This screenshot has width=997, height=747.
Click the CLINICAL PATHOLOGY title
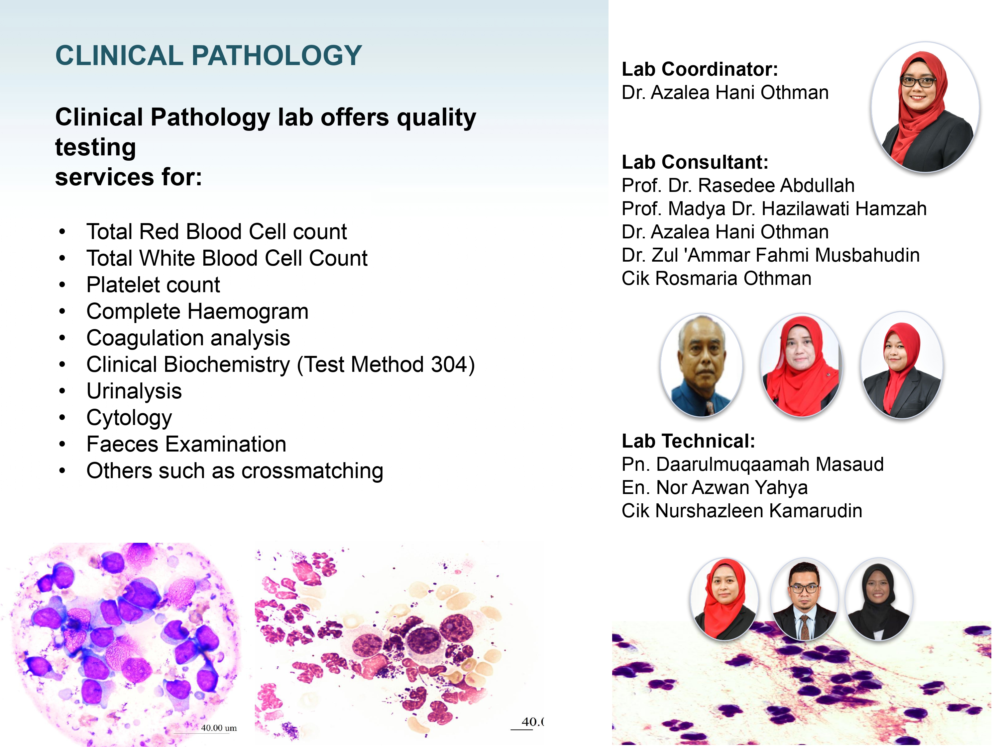click(x=208, y=55)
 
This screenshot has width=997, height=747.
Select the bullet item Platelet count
click(x=153, y=285)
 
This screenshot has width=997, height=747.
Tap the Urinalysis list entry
click(x=134, y=391)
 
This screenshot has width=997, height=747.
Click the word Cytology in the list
click(x=129, y=418)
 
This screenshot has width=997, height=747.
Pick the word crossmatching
click(x=312, y=471)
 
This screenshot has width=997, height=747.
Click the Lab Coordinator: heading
click(x=700, y=69)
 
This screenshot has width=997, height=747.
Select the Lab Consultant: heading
click(x=695, y=162)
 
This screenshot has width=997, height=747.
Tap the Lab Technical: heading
click(x=688, y=441)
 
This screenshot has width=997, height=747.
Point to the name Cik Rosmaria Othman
click(x=716, y=278)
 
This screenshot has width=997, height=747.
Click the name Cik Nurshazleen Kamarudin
click(x=741, y=511)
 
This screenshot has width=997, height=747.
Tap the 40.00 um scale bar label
click(x=219, y=728)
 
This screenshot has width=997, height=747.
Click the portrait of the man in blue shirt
click(x=701, y=365)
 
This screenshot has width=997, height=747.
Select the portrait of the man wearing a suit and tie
click(x=805, y=599)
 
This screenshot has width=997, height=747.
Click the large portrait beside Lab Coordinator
click(x=925, y=107)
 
